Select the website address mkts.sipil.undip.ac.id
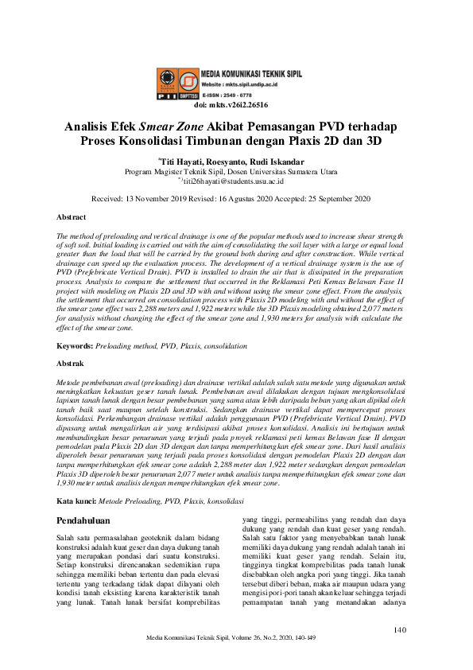(x=244, y=83)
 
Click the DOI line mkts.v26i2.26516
(x=236, y=104)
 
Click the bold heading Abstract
(x=72, y=217)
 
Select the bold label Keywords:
(x=75, y=346)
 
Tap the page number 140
(x=401, y=630)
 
